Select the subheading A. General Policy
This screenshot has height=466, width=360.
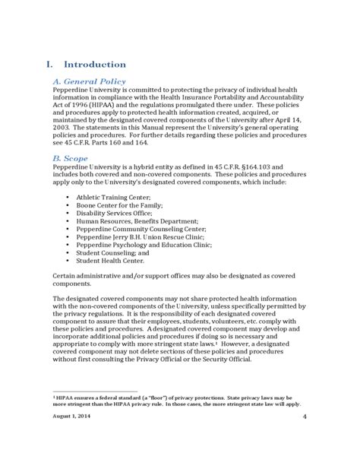click(89, 81)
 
